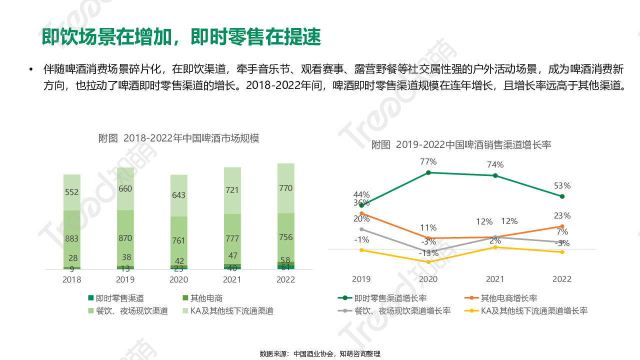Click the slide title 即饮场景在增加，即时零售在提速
click(x=181, y=37)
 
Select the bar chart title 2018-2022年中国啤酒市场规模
click(x=178, y=138)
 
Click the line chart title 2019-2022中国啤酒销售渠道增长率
click(x=461, y=145)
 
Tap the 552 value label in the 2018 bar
click(x=72, y=192)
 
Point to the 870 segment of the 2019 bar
click(x=125, y=238)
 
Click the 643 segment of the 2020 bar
click(x=179, y=195)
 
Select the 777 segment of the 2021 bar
click(x=232, y=238)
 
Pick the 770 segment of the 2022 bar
click(x=286, y=188)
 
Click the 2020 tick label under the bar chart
click(x=179, y=279)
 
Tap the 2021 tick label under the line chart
click(x=495, y=279)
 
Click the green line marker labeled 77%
click(x=428, y=172)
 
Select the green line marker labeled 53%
click(x=562, y=196)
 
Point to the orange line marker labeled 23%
click(x=562, y=226)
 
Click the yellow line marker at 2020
click(x=428, y=262)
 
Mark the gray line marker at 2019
click(x=361, y=229)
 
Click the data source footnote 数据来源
click(x=320, y=354)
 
